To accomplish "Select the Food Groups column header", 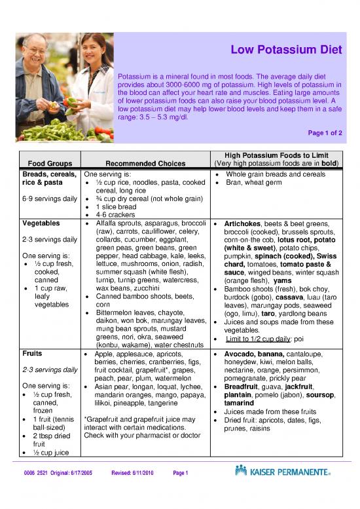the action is point(46,163).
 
